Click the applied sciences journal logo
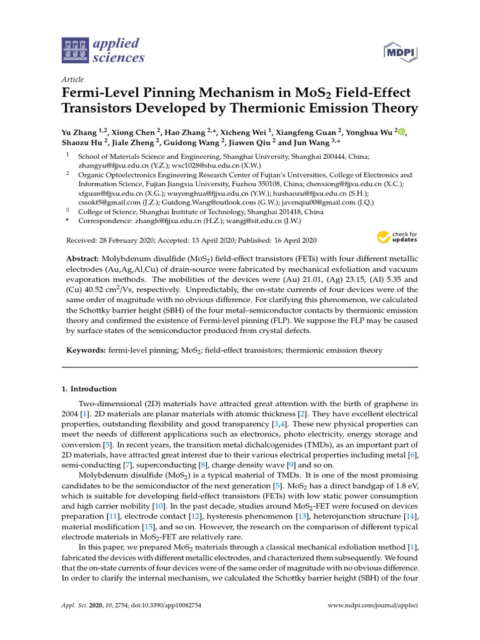[x=103, y=51]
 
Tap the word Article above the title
[x=71, y=79]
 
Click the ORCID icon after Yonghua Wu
[x=402, y=132]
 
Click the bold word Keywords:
[x=87, y=351]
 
